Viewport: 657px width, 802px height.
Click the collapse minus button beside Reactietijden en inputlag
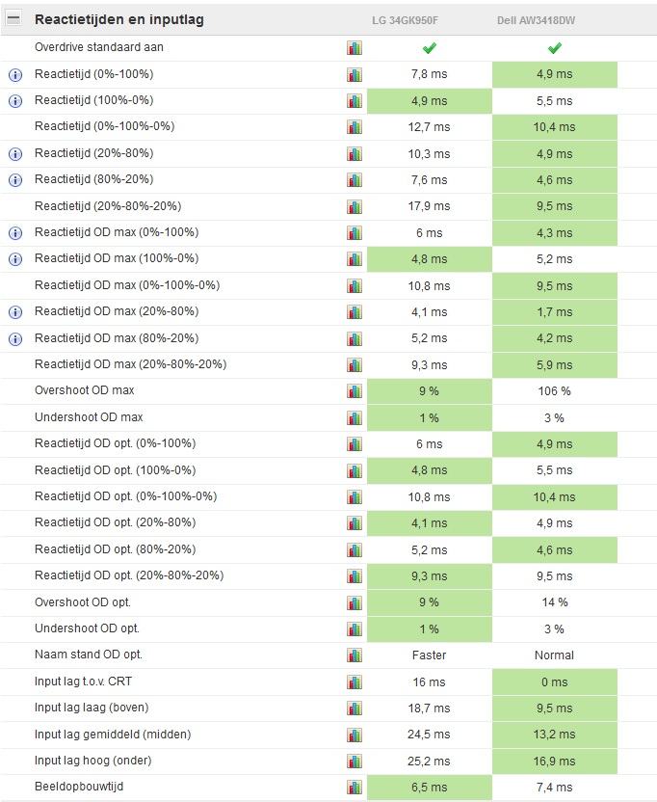(13, 19)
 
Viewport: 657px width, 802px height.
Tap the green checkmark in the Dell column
(554, 48)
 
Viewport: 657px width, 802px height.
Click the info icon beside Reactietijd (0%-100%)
(14, 74)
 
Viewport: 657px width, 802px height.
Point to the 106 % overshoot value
(554, 391)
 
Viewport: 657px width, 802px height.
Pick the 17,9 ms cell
(429, 206)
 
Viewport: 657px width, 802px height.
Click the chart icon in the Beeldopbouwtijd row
(355, 788)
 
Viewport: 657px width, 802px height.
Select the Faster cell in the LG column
(429, 655)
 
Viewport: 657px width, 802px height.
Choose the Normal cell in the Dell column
(554, 655)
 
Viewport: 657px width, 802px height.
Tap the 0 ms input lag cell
(554, 682)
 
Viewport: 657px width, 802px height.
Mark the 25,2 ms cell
(429, 761)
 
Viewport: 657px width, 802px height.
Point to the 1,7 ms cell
(554, 312)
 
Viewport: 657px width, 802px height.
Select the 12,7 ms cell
(429, 127)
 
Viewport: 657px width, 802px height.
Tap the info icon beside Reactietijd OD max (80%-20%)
(14, 338)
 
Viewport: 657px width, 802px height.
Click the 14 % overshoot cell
(554, 602)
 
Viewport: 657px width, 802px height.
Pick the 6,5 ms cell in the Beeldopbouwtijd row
(429, 788)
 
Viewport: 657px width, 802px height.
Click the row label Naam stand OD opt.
(89, 655)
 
